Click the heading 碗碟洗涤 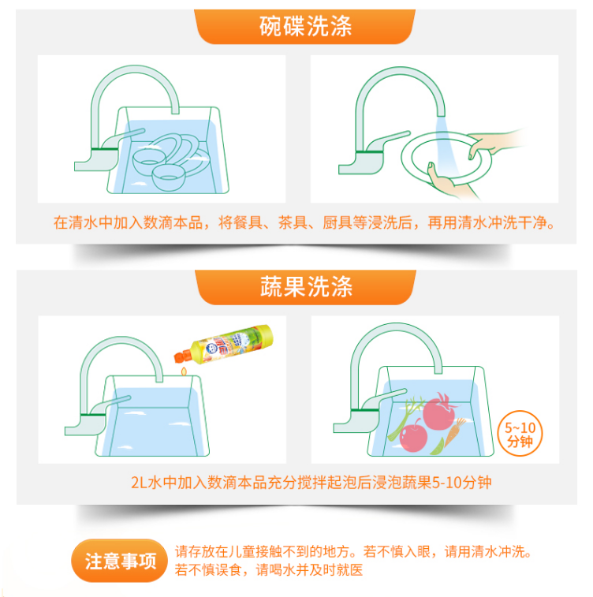[306, 26]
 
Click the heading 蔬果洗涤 [307, 287]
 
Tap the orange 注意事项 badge [120, 561]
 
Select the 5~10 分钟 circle [520, 433]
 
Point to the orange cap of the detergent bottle [182, 356]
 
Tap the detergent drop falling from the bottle [184, 371]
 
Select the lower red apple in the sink [413, 437]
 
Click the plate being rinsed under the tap [446, 159]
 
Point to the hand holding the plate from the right [494, 144]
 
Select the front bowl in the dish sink [169, 177]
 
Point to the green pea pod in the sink [438, 447]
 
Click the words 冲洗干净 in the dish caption [517, 222]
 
